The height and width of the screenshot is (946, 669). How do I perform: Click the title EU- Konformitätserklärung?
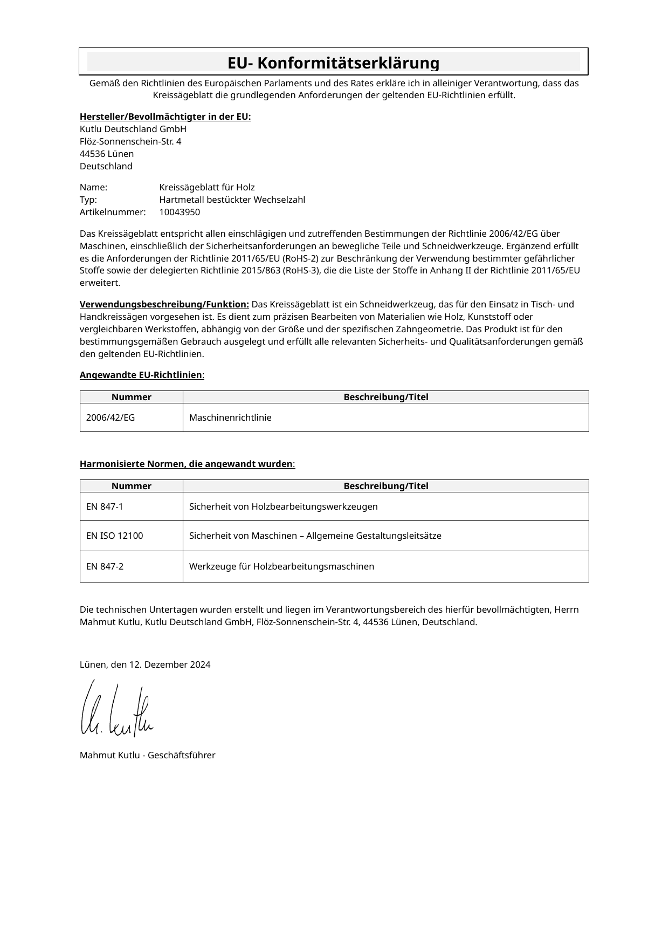[x=333, y=63]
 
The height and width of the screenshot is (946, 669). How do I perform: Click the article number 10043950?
[x=180, y=212]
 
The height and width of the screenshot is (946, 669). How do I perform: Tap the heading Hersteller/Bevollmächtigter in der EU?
[x=165, y=117]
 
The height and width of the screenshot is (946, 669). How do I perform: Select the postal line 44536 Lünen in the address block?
[x=107, y=154]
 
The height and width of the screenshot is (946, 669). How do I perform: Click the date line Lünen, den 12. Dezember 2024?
[x=145, y=664]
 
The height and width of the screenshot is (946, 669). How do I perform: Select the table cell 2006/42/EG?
[x=111, y=417]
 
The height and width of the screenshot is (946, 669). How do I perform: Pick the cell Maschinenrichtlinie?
[x=230, y=417]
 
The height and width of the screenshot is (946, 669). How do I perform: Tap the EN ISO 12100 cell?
[x=114, y=536]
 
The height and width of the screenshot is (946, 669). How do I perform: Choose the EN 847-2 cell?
[x=105, y=566]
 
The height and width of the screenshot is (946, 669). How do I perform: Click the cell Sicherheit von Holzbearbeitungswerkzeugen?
[x=283, y=506]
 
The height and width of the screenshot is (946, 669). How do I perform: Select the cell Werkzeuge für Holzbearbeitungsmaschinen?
[x=281, y=566]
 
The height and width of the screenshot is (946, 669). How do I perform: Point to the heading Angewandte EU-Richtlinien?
[x=141, y=375]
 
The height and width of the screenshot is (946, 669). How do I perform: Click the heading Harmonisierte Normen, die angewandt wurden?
[x=187, y=464]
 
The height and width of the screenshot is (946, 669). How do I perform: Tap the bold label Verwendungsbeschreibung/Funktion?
[x=164, y=304]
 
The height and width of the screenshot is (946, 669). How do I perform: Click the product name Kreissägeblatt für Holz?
[x=207, y=187]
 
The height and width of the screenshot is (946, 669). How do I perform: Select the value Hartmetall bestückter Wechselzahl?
[x=232, y=200]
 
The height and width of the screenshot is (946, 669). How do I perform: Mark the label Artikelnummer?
[x=113, y=212]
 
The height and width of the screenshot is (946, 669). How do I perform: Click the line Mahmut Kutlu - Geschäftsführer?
[x=147, y=755]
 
